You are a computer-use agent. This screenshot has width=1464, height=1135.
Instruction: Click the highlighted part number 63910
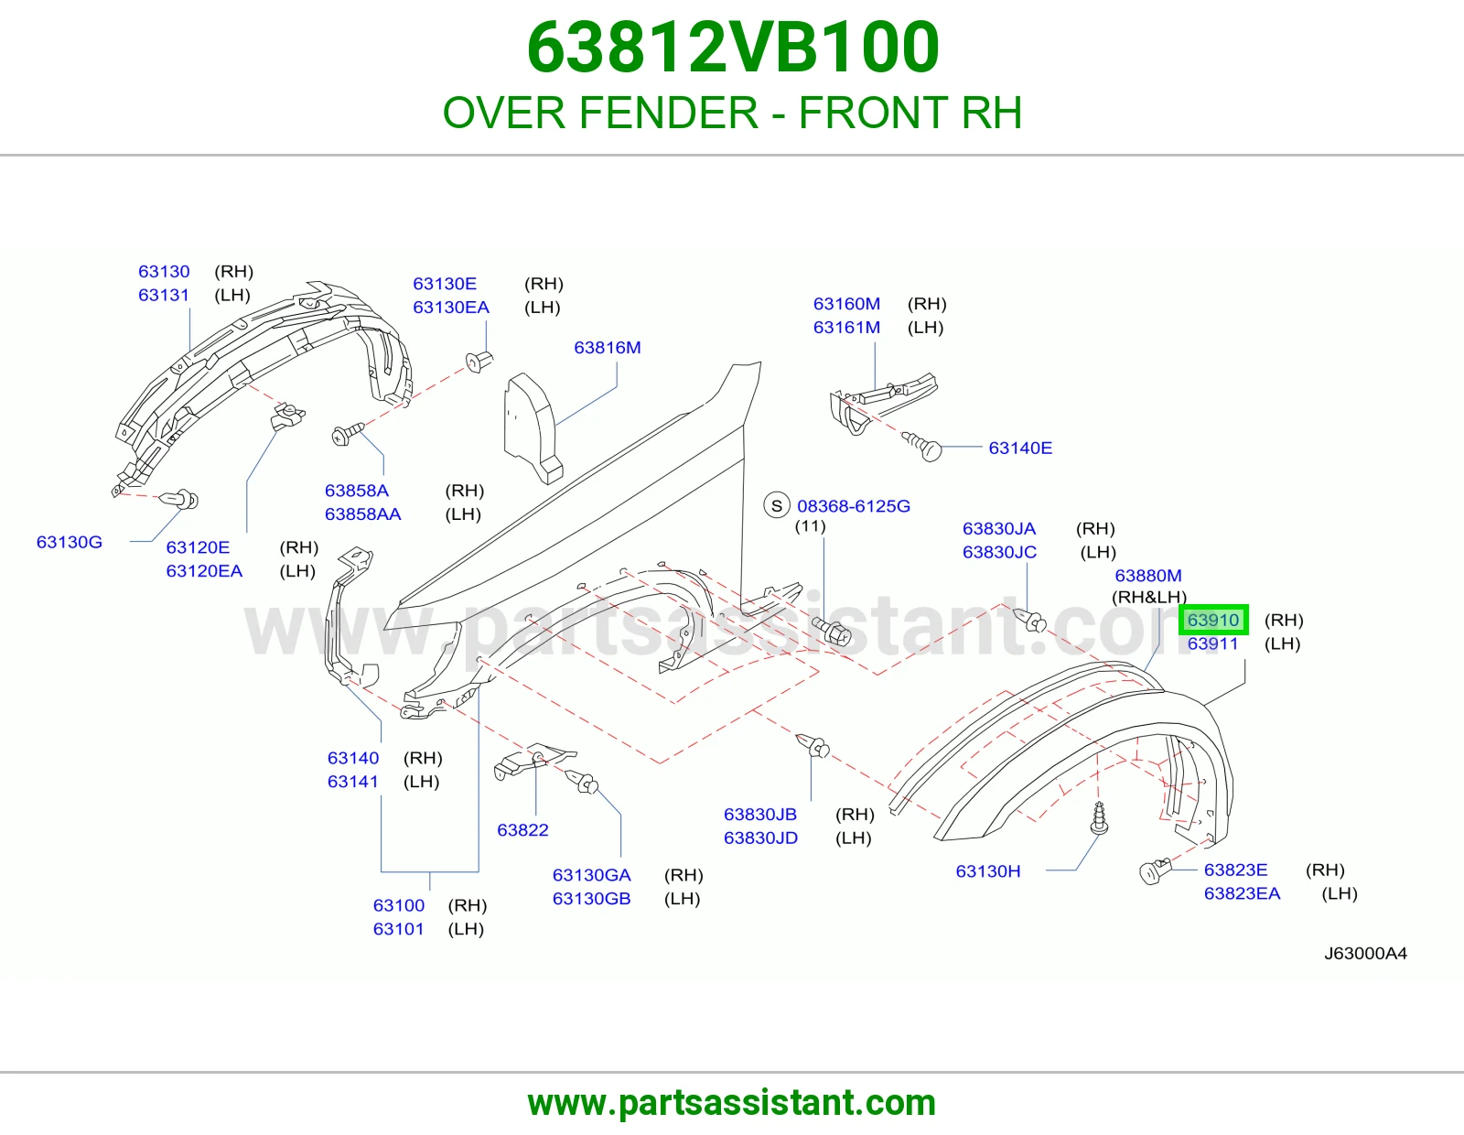(1212, 620)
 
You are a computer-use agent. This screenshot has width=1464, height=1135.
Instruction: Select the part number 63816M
(607, 348)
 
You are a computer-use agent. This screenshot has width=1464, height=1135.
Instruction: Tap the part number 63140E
(1020, 449)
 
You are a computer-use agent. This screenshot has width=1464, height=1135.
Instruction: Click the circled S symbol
(777, 505)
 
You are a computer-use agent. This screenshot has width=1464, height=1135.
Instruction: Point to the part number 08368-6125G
(854, 506)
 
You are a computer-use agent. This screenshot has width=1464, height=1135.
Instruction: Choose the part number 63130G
(70, 542)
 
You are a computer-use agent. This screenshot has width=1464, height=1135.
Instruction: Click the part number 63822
(522, 829)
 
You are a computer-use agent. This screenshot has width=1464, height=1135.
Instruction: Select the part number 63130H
(987, 870)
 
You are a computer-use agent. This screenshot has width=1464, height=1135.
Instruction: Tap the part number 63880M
(1148, 576)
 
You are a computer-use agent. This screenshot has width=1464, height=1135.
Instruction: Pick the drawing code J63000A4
(1365, 953)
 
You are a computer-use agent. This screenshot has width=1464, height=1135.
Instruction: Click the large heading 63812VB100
(732, 48)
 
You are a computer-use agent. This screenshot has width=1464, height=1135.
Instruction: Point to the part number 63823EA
(1242, 893)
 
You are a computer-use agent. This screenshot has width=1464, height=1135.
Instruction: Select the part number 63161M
(846, 328)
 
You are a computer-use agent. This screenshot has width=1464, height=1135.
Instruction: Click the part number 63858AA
(362, 514)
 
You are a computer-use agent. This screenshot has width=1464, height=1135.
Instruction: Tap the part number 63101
(399, 929)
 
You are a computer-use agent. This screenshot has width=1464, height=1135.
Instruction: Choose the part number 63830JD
(760, 838)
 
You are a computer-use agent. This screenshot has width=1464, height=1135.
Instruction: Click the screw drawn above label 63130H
(1099, 819)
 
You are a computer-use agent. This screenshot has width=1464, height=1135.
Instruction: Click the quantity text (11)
(810, 525)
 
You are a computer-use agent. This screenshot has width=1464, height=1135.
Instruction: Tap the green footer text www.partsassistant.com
(732, 1103)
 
